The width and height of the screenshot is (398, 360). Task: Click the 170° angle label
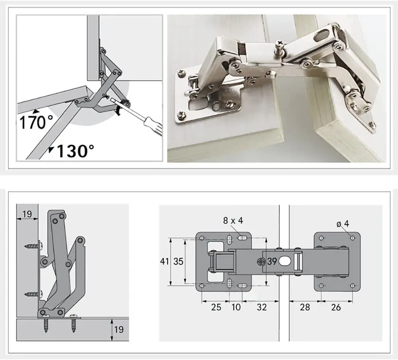tap(34, 122)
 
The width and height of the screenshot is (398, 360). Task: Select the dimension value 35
tap(178, 262)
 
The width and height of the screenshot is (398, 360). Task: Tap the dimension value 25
tap(215, 307)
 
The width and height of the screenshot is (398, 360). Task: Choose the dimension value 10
tap(236, 307)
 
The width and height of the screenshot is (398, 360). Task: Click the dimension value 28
tap(304, 307)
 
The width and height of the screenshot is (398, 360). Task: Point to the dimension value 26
tap(336, 307)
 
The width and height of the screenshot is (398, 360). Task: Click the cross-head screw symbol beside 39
tap(261, 262)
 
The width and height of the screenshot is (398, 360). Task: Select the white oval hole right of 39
tap(285, 261)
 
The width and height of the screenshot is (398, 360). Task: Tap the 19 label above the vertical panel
tap(27, 214)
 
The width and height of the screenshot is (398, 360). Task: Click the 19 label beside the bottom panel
tap(118, 329)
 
